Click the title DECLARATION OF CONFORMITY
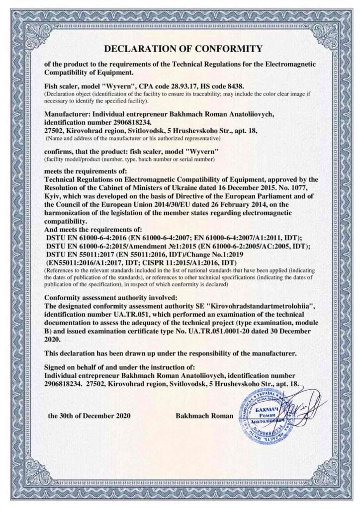click(182, 49)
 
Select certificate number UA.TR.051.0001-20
click(217, 326)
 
